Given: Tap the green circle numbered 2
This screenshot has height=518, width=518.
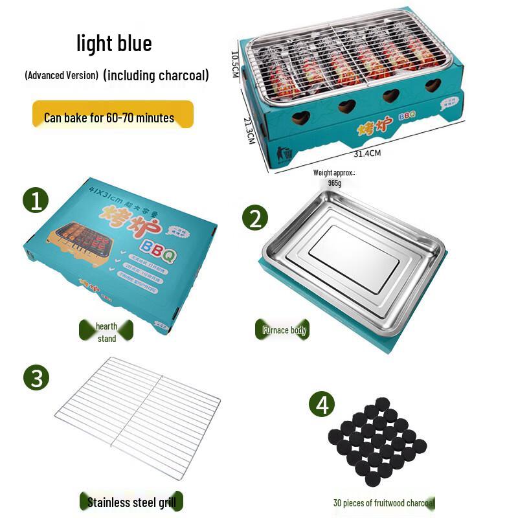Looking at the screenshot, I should point(254,218).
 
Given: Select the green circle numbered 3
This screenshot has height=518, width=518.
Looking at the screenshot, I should point(36,377).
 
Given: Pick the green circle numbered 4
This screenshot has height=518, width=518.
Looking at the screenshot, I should point(322,405).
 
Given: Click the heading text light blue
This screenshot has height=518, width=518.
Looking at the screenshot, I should point(114,43).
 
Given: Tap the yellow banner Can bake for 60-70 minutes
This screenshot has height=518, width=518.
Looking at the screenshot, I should point(113,118).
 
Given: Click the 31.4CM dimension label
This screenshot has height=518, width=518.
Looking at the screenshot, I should point(367,154).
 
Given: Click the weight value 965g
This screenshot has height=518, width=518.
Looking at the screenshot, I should point(335,183).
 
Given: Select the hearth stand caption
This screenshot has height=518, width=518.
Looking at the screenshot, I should point(107,332).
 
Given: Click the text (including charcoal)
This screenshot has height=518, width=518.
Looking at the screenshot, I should point(155,75).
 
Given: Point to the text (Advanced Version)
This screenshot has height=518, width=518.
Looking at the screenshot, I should point(62,75).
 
